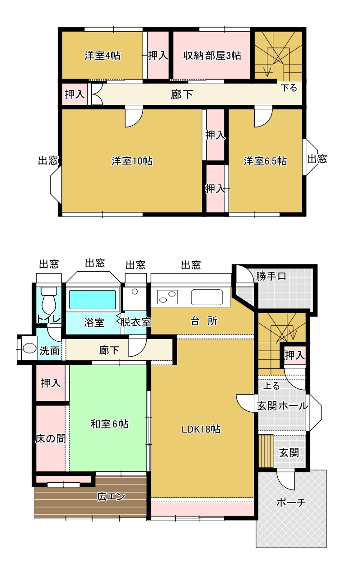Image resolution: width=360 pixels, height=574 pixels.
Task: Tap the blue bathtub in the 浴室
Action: click(92, 299)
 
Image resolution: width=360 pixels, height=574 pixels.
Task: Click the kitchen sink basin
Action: click(207, 297)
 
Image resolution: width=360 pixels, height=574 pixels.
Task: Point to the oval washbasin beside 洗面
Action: click(29, 348)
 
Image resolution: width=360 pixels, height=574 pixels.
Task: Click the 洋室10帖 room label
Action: click(132, 161)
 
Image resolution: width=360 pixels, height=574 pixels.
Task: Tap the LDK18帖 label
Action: click(201, 429)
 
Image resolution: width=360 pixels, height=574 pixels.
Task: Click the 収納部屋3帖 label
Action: click(212, 56)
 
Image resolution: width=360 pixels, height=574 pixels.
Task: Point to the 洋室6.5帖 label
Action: click(265, 161)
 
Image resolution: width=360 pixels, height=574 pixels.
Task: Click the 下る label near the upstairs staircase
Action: click(289, 88)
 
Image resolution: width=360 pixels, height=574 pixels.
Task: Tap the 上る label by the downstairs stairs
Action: click(271, 386)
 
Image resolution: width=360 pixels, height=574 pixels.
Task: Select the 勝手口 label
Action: click(271, 277)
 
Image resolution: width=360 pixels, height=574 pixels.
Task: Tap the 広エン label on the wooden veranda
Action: click(111, 496)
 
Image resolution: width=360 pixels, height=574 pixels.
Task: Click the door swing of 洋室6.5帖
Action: click(262, 117)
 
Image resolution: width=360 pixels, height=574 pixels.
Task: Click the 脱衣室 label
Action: click(135, 322)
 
